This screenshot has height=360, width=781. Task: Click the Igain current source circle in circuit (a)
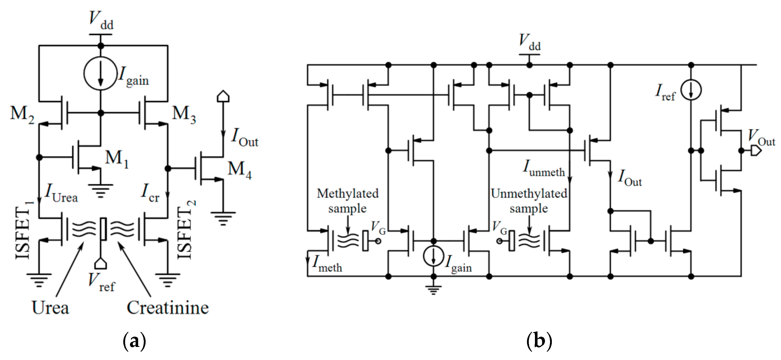(100, 74)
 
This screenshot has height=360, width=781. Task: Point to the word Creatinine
(168, 308)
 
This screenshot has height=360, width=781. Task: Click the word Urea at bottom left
(50, 308)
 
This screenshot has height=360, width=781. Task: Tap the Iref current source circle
(691, 90)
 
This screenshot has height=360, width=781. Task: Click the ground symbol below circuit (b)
(433, 290)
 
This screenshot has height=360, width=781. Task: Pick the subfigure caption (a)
(135, 341)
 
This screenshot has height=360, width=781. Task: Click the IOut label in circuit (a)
(244, 138)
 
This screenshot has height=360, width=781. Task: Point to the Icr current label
(150, 194)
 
